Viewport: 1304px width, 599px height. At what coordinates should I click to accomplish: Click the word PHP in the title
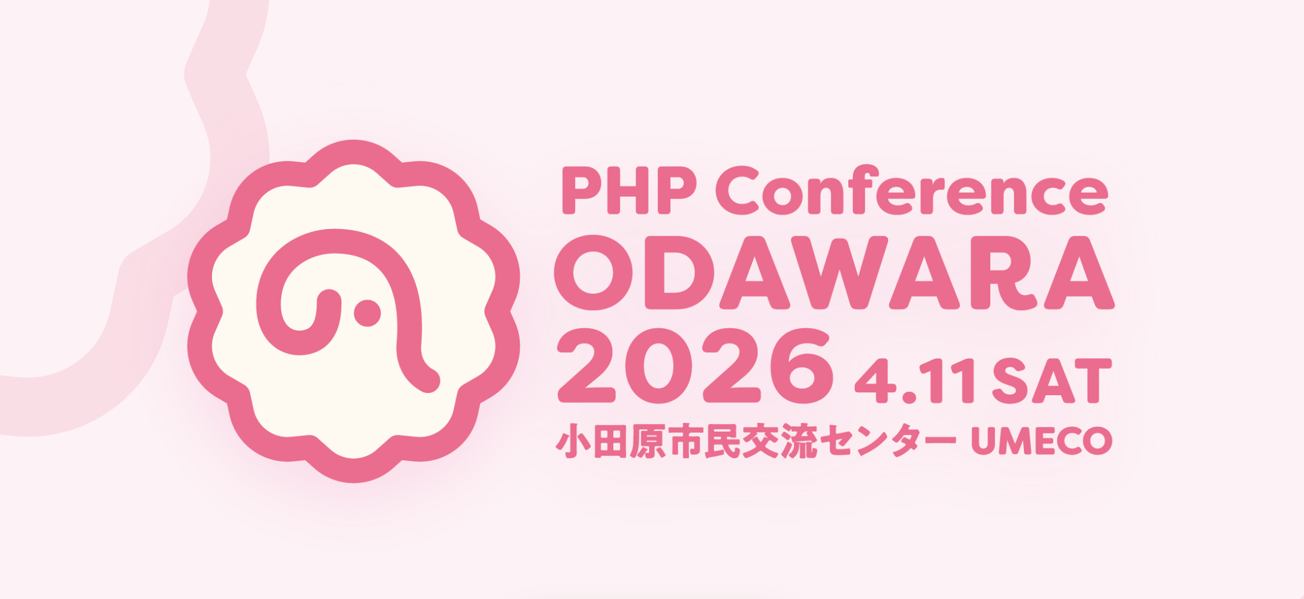(629, 190)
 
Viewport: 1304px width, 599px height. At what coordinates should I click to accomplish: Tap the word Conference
(911, 189)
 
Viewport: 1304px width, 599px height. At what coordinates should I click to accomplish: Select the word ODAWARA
(834, 272)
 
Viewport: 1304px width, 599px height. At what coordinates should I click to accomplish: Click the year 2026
(695, 366)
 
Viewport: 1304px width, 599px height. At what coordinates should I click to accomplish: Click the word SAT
(1051, 381)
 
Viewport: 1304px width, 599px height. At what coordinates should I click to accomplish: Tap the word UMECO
(1041, 440)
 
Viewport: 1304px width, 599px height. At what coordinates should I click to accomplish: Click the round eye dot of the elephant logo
(367, 313)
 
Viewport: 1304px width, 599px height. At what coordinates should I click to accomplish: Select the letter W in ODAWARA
(839, 272)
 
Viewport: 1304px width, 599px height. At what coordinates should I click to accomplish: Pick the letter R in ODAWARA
(1003, 272)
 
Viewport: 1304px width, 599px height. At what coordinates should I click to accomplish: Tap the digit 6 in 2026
(802, 366)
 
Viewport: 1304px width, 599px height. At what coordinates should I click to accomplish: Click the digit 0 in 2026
(658, 366)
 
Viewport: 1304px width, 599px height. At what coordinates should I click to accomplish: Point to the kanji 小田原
(611, 441)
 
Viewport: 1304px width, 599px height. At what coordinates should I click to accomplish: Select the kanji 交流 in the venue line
(779, 441)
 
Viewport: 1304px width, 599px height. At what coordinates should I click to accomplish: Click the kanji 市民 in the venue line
(704, 441)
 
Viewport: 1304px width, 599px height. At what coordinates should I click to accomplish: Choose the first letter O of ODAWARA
(594, 272)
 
